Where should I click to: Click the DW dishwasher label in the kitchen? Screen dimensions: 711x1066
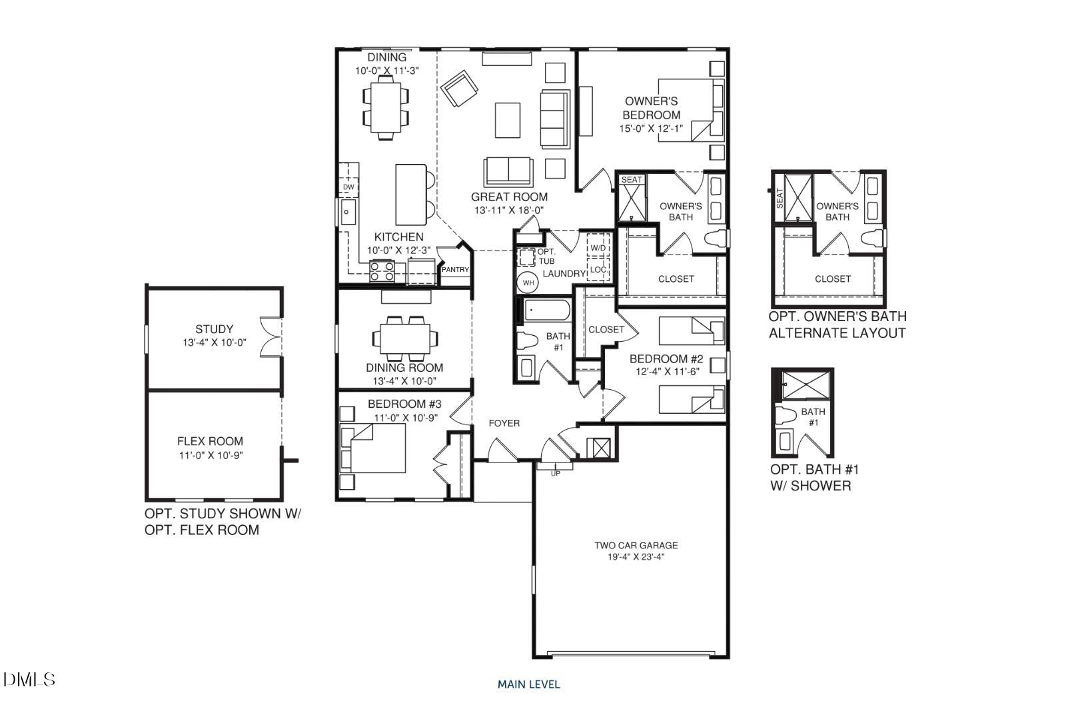pos(348,187)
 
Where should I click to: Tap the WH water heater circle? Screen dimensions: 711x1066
pos(528,283)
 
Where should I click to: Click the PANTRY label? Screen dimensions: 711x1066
pos(456,270)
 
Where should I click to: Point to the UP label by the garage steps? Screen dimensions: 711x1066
pos(555,474)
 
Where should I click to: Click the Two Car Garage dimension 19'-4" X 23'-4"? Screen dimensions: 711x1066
pos(636,556)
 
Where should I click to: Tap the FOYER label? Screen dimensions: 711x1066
pos(504,423)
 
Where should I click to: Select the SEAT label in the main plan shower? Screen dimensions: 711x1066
pos(632,180)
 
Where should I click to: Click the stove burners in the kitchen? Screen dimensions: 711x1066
pos(382,271)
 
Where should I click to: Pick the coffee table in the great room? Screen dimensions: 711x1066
pos(508,119)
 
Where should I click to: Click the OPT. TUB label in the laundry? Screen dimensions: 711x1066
pos(546,257)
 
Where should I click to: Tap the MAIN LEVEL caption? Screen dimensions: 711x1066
pos(528,684)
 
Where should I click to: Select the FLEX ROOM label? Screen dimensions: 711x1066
pos(210,441)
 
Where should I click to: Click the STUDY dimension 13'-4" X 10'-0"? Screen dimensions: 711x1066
pos(215,343)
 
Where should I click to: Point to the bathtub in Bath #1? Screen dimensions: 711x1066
pos(547,311)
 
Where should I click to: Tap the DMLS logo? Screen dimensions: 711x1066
pos(29,680)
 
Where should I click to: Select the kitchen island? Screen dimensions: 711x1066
pos(411,195)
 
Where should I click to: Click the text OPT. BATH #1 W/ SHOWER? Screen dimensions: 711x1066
pos(814,477)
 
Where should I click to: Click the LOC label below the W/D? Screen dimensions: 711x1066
pos(598,270)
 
